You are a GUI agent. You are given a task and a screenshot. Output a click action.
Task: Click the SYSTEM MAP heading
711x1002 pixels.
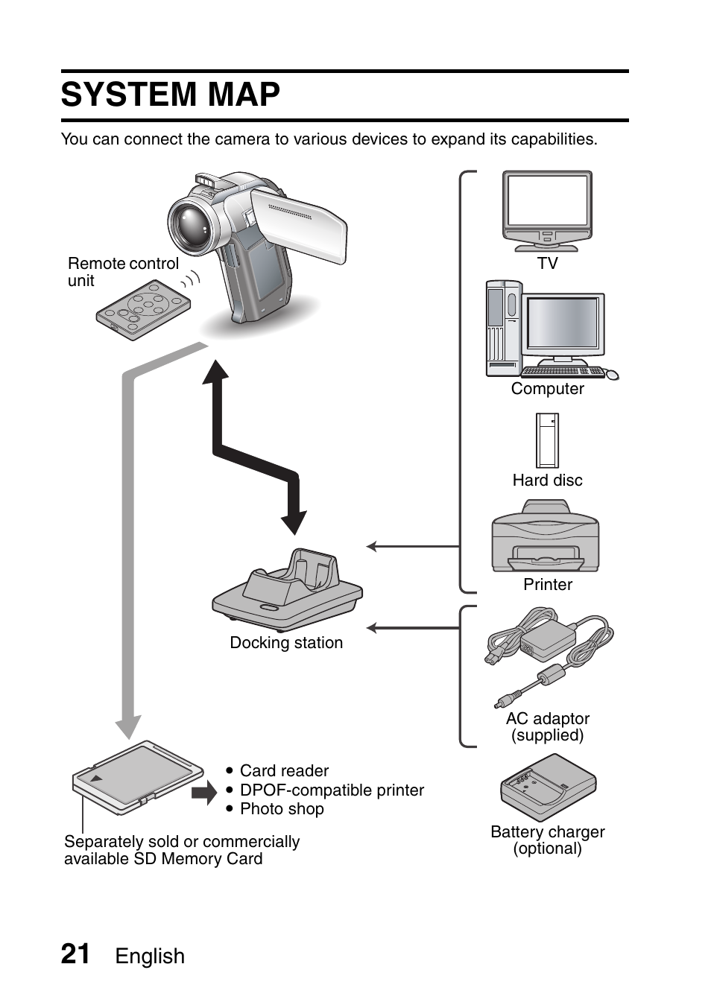click(x=171, y=95)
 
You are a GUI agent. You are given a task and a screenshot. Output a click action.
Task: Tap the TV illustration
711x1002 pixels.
click(x=547, y=211)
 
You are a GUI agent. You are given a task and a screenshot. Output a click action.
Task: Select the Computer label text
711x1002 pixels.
click(x=547, y=389)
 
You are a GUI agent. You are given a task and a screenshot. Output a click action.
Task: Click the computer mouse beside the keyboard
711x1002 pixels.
click(x=612, y=374)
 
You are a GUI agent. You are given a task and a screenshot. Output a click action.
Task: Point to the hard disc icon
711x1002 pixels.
click(x=547, y=440)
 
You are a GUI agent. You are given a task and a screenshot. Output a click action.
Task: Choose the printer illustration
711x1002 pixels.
click(x=545, y=538)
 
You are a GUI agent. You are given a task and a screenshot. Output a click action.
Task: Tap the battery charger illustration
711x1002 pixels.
click(x=548, y=787)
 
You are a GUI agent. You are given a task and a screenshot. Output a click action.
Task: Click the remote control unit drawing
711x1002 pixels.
click(x=143, y=310)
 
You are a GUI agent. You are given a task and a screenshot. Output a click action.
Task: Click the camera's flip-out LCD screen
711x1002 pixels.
click(x=299, y=223)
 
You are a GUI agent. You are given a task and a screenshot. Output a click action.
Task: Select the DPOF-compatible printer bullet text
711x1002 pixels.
click(x=332, y=790)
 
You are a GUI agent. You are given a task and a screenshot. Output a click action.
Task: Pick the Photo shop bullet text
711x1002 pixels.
click(x=282, y=809)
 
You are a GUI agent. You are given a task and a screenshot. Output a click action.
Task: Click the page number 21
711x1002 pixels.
click(x=75, y=954)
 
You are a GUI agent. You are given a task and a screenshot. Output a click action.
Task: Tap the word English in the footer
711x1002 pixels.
click(x=150, y=957)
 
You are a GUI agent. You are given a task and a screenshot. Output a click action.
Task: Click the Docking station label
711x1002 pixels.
click(x=286, y=643)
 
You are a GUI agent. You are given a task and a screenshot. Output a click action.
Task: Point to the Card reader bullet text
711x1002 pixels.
click(x=284, y=771)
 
